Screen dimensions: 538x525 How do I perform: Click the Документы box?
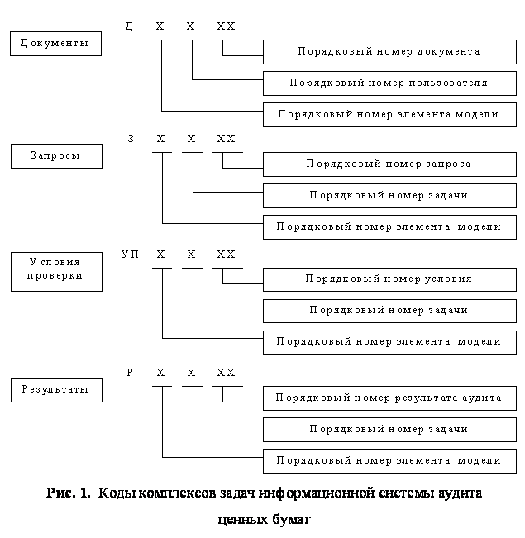tap(55, 44)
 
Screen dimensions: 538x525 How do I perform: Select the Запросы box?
tap(56, 156)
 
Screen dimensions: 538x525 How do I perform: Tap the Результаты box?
tap(56, 389)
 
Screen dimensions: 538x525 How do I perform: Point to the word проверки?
tap(55, 276)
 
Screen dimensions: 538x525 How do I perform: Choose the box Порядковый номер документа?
tap(389, 52)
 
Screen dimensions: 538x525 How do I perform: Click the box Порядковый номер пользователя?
tap(389, 83)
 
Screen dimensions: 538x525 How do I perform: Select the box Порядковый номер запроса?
tap(389, 164)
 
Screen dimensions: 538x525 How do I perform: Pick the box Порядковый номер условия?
tap(389, 279)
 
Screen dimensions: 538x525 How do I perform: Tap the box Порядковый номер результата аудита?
tap(389, 398)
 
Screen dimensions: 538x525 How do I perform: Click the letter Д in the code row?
tap(129, 27)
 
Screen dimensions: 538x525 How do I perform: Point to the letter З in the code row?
tap(131, 140)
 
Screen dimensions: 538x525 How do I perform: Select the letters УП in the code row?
tap(131, 255)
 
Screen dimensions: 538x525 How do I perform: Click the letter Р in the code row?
tap(130, 374)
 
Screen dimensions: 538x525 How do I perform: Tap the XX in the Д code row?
tap(226, 27)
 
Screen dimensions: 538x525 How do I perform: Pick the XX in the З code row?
tap(226, 140)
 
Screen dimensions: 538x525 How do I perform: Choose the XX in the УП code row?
tap(226, 255)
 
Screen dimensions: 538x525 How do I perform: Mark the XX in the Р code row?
tap(226, 374)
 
